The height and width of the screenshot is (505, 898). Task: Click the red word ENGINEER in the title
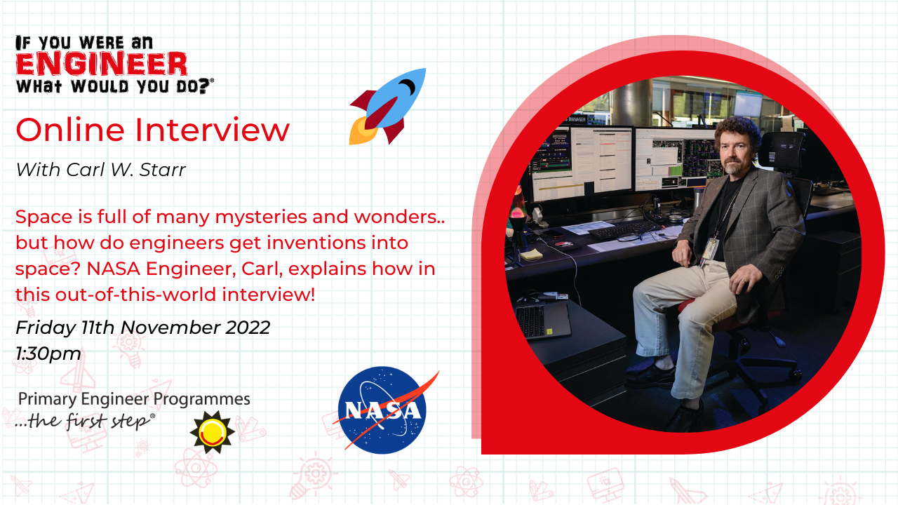pos(102,64)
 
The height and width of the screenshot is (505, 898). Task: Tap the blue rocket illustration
pos(388,106)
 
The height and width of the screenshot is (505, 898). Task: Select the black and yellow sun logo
pos(212,432)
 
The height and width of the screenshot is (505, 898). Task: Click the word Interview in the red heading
pos(212,130)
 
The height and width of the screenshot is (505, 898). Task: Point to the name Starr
pos(162,170)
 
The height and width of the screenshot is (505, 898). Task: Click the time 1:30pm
pos(48,353)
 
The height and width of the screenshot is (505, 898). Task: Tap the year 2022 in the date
pos(248,328)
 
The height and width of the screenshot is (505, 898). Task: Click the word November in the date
pos(170,328)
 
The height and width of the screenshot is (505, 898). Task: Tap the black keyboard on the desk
pos(624,231)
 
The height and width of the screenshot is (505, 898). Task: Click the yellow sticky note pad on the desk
pos(531,254)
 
